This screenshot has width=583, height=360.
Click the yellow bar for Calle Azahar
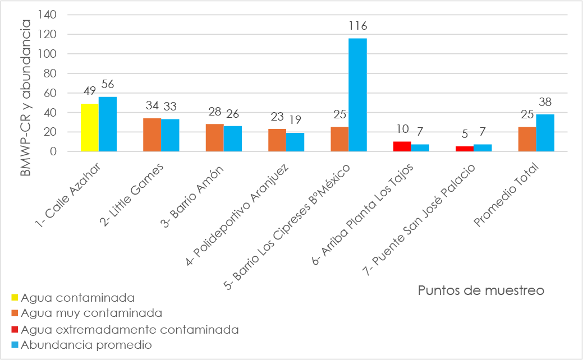click(x=89, y=128)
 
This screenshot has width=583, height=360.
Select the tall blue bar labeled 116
click(x=357, y=95)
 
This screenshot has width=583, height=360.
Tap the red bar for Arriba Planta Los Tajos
click(x=402, y=146)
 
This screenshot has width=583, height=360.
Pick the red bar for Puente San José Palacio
click(x=465, y=149)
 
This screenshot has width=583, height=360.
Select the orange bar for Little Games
click(x=152, y=135)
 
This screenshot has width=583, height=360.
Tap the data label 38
click(x=545, y=102)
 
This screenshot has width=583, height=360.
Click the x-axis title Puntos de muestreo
click(x=481, y=290)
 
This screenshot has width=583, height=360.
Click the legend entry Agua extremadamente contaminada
click(x=130, y=329)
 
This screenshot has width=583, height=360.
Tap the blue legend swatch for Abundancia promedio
click(x=15, y=345)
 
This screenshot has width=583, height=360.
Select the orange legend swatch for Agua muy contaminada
click(x=15, y=313)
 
